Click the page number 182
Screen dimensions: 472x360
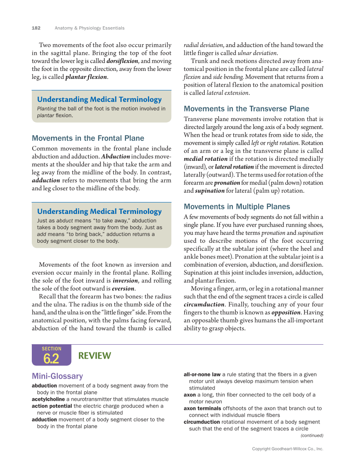click(x=36, y=28)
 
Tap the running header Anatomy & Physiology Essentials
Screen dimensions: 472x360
click(x=89, y=28)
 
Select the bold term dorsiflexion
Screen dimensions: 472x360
click(x=122, y=61)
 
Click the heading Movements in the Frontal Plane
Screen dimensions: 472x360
click(x=88, y=138)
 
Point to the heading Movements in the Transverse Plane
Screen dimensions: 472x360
click(x=246, y=109)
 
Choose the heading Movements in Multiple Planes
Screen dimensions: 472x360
click(x=237, y=207)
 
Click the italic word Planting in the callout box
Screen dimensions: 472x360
click(x=47, y=109)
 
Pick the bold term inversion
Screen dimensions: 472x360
click(x=125, y=281)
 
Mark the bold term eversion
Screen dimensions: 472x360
click(x=123, y=289)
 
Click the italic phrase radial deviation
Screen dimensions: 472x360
click(x=203, y=45)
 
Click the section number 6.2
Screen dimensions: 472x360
click(x=51, y=359)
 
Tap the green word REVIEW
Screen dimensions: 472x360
click(x=95, y=356)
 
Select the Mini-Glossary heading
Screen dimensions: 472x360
click(x=57, y=376)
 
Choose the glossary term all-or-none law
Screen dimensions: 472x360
click(x=202, y=374)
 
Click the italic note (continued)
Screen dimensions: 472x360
click(x=312, y=435)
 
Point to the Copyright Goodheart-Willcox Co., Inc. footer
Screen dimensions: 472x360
click(x=287, y=449)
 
